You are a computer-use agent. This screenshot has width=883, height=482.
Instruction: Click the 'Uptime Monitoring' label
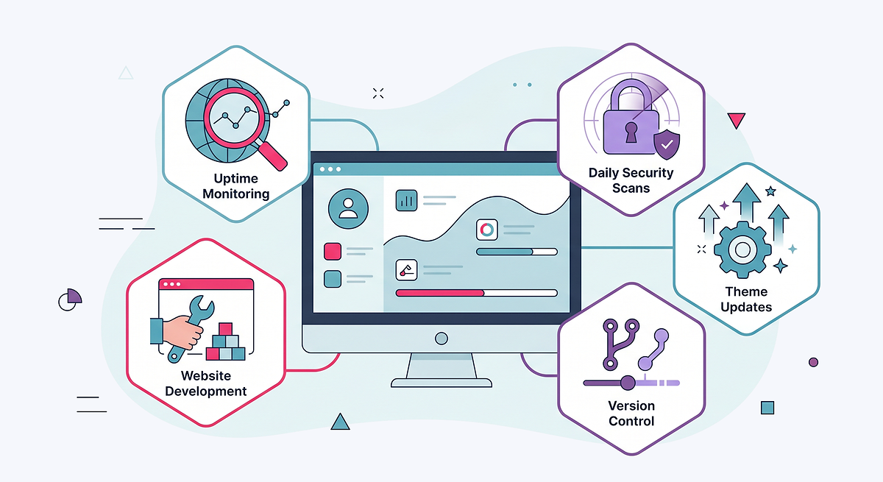pos(235,186)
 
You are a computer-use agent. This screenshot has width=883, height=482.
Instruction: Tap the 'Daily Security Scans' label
pos(631,180)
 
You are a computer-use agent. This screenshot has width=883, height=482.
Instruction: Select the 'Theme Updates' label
pos(746,299)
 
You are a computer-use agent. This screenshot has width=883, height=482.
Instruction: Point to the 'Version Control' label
pos(631,414)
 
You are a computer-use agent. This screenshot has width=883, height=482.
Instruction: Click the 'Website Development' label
pos(206,383)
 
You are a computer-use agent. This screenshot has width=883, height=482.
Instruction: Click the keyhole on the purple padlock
pos(631,132)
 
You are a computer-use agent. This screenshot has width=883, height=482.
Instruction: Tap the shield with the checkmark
pos(667,145)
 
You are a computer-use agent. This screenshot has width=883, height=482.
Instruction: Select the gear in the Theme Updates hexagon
pos(742,249)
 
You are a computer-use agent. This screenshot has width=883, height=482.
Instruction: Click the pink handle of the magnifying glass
pos(272,156)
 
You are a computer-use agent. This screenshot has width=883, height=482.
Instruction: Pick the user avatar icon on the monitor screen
pos(348,208)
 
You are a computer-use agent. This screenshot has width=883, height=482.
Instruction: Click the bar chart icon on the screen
pos(406,200)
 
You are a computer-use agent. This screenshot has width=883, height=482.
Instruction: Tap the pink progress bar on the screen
pos(440,293)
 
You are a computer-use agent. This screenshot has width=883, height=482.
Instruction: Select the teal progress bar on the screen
pos(505,252)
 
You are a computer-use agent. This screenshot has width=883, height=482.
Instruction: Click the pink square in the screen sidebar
pos(333,251)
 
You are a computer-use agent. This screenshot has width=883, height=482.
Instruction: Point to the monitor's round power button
pos(441,339)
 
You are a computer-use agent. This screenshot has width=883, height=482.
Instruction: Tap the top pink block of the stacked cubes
pos(225,329)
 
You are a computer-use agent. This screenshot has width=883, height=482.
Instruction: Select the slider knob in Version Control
pos(628,383)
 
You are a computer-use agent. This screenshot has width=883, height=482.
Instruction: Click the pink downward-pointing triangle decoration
pos(736,120)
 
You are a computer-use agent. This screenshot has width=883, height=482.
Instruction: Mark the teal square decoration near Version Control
pos(767,408)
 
